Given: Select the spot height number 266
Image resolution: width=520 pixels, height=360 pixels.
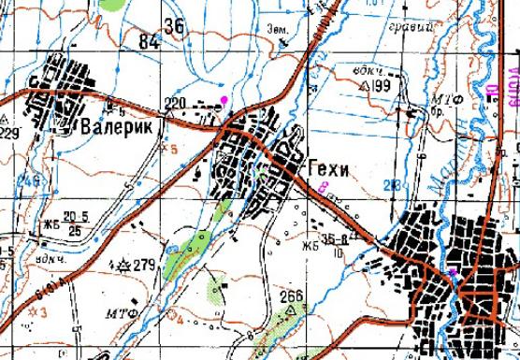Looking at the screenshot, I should click(x=292, y=296).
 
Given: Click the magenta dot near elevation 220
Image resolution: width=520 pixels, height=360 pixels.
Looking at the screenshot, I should click(x=223, y=97).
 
